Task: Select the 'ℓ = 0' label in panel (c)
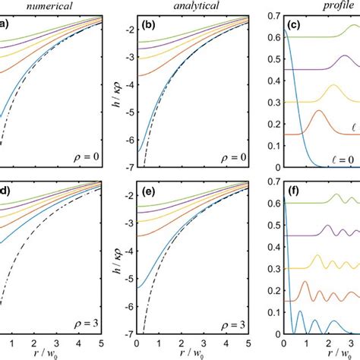(x=339, y=158)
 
